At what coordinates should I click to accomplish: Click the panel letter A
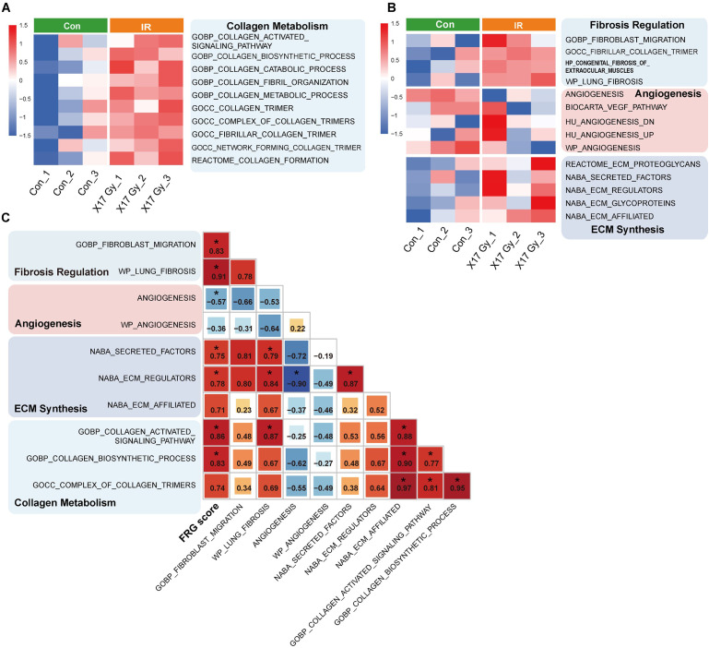point(8,8)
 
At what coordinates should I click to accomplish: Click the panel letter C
point(8,219)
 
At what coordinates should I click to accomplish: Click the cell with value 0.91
point(217,270)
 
